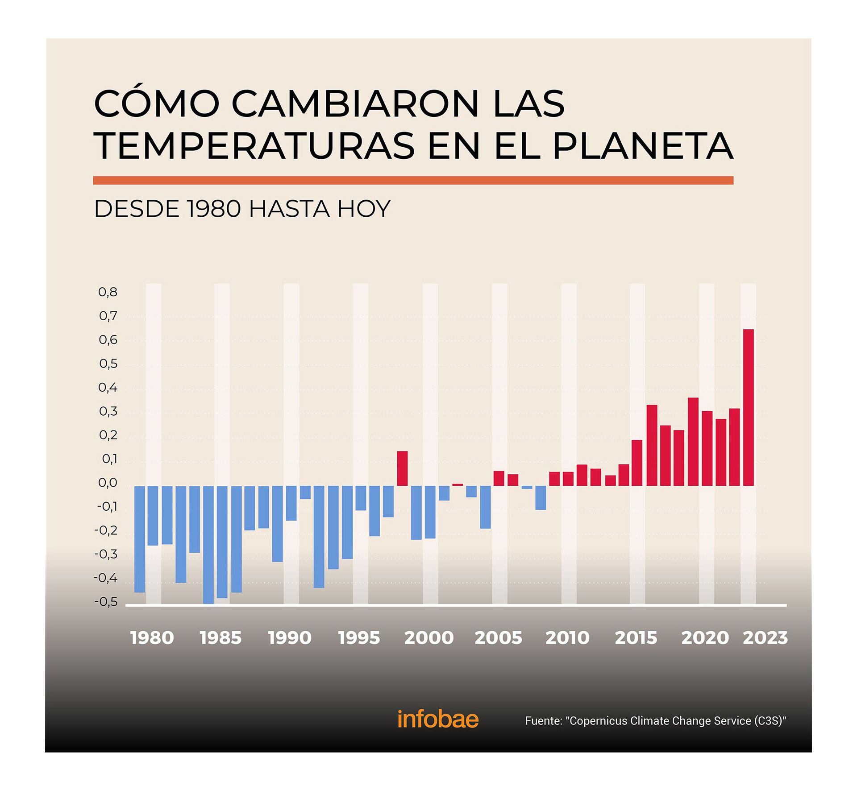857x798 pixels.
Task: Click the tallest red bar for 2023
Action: tap(748, 407)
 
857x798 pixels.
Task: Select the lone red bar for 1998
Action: tap(402, 468)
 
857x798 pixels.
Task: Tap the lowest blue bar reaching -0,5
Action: tap(208, 544)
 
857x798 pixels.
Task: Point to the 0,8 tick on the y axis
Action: tap(108, 292)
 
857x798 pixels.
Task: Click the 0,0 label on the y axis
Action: tap(108, 483)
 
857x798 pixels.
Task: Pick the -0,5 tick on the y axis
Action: tap(106, 602)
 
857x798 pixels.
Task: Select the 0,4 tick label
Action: tap(108, 387)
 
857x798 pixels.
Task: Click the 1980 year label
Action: tap(152, 638)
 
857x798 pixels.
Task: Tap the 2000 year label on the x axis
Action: tap(428, 638)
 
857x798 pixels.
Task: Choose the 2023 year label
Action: tap(765, 638)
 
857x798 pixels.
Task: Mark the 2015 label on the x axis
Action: tap(636, 638)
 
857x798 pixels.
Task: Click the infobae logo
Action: tap(437, 719)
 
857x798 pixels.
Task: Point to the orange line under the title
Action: tap(413, 180)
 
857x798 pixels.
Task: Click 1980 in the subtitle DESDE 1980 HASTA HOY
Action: tap(214, 209)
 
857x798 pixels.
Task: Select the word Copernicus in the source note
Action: tap(597, 721)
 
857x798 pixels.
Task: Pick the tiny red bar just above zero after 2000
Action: tap(458, 484)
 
